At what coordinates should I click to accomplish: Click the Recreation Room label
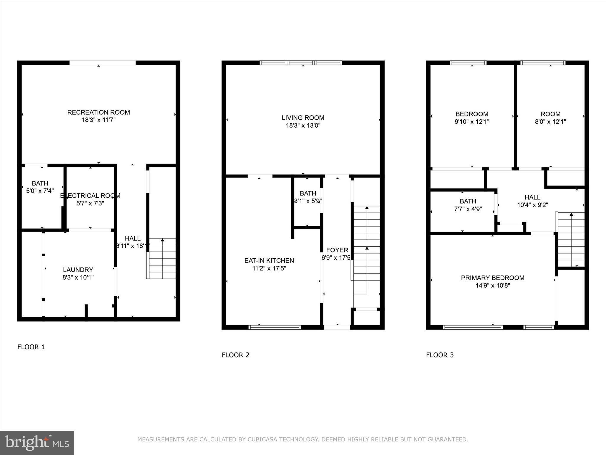pyautogui.click(x=99, y=112)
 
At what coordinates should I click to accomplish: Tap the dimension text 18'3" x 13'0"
pyautogui.click(x=303, y=126)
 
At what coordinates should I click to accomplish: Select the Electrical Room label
pyautogui.click(x=90, y=196)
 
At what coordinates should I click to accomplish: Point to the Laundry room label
pyautogui.click(x=78, y=270)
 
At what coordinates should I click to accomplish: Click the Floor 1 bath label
pyautogui.click(x=40, y=183)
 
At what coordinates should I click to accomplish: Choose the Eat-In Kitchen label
pyautogui.click(x=269, y=261)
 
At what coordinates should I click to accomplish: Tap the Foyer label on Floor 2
pyautogui.click(x=337, y=250)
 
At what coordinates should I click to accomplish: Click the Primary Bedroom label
pyautogui.click(x=492, y=278)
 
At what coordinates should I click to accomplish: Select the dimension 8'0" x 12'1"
pyautogui.click(x=550, y=122)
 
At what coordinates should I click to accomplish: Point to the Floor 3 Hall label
pyautogui.click(x=532, y=197)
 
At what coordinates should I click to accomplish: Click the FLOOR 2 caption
pyautogui.click(x=236, y=355)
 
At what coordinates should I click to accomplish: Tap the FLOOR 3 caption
pyautogui.click(x=440, y=355)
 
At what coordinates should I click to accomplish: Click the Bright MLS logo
pyautogui.click(x=37, y=443)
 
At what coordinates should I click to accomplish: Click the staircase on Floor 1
pyautogui.click(x=162, y=258)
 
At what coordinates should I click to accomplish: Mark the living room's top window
pyautogui.click(x=301, y=63)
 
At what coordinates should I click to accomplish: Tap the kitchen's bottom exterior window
pyautogui.click(x=275, y=327)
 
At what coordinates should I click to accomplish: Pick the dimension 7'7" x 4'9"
pyautogui.click(x=468, y=209)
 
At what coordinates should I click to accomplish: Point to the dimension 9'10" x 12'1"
pyautogui.click(x=472, y=122)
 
